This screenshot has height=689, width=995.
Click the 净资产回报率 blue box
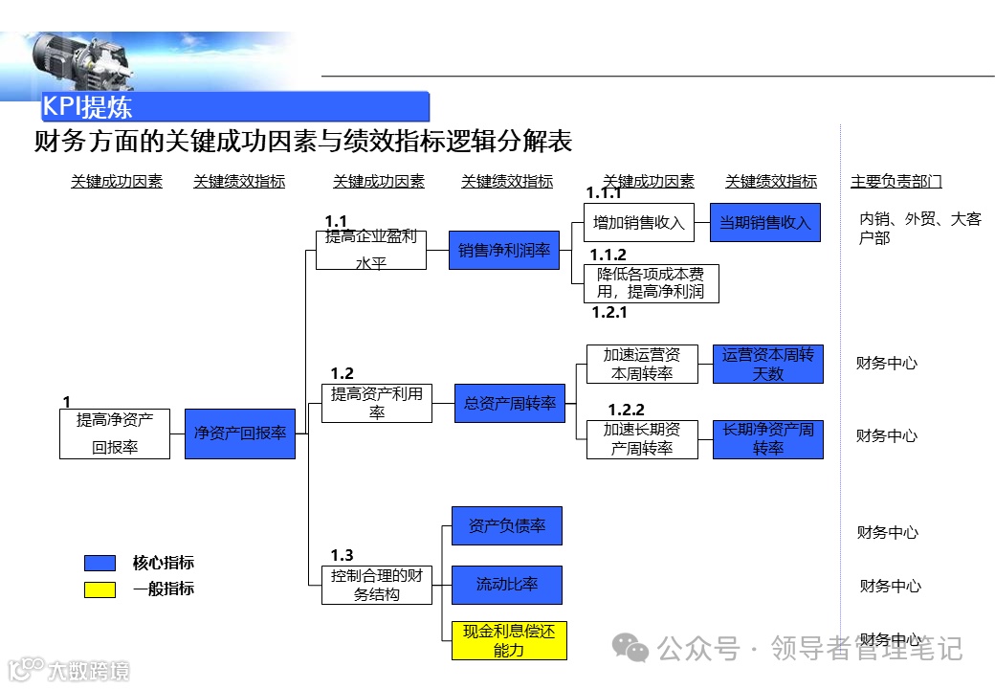240,433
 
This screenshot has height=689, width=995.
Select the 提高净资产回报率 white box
115,433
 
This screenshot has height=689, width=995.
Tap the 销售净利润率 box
504,250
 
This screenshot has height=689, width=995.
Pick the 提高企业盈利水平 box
370,250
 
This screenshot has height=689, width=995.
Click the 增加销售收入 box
639,223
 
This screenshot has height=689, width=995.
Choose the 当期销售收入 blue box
764,223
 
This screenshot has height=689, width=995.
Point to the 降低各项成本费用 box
651,283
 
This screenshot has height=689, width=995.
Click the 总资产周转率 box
510,404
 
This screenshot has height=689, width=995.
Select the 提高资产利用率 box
377,404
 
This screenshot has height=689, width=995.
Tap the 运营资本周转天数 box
767,365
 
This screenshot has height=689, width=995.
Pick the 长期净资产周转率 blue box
767,439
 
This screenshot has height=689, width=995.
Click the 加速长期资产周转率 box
642,439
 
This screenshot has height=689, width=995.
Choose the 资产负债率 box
506,526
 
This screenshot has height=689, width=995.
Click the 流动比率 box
506,585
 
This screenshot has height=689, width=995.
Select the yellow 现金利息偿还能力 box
509,640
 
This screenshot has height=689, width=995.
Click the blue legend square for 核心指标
99,563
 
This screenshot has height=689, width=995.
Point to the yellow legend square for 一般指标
99,589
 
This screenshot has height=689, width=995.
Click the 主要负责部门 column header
896,182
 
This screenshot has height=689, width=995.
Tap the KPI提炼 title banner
234,106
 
